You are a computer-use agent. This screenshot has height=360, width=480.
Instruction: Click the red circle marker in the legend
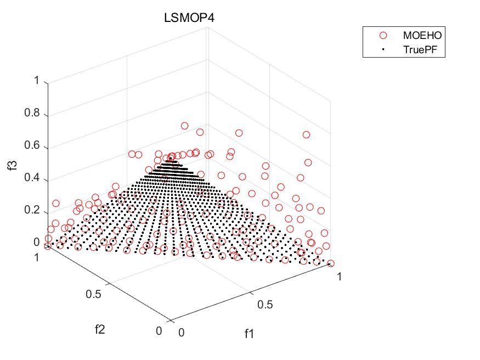[x=383, y=35]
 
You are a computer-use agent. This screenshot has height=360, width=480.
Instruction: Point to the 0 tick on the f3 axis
[x=37, y=242]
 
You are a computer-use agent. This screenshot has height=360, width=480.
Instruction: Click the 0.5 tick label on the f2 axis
[x=94, y=294]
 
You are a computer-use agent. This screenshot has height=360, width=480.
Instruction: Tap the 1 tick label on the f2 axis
[x=37, y=257]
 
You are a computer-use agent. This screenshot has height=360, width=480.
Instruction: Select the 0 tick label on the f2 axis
[x=159, y=330]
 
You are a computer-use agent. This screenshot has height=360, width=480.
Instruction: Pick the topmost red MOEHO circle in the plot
[x=184, y=126]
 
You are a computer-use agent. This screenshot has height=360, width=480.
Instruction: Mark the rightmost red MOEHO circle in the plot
[x=331, y=264]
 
